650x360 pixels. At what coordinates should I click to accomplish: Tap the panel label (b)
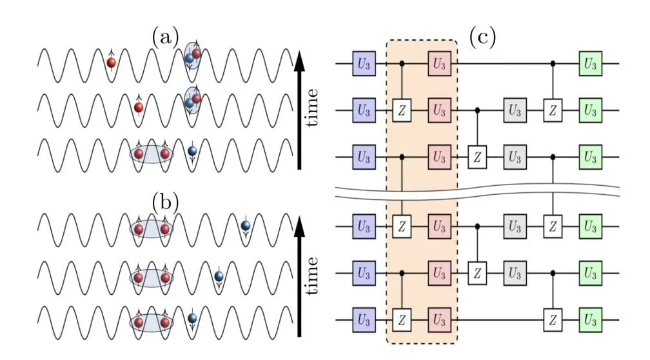tap(166, 202)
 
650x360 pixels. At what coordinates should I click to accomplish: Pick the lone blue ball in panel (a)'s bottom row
tap(192, 152)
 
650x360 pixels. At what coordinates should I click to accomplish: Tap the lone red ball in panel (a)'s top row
tap(112, 63)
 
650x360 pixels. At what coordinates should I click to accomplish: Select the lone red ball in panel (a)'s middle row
tap(138, 107)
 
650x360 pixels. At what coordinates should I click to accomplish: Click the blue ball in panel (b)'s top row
tap(245, 225)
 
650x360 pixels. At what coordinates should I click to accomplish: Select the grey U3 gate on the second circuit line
tap(514, 110)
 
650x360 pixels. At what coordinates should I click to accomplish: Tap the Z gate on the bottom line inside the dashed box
tap(403, 319)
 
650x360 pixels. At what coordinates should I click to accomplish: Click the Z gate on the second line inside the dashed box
tap(403, 110)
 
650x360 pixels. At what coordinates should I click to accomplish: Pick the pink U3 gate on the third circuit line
tap(440, 157)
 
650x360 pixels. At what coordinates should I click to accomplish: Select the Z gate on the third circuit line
tap(477, 157)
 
